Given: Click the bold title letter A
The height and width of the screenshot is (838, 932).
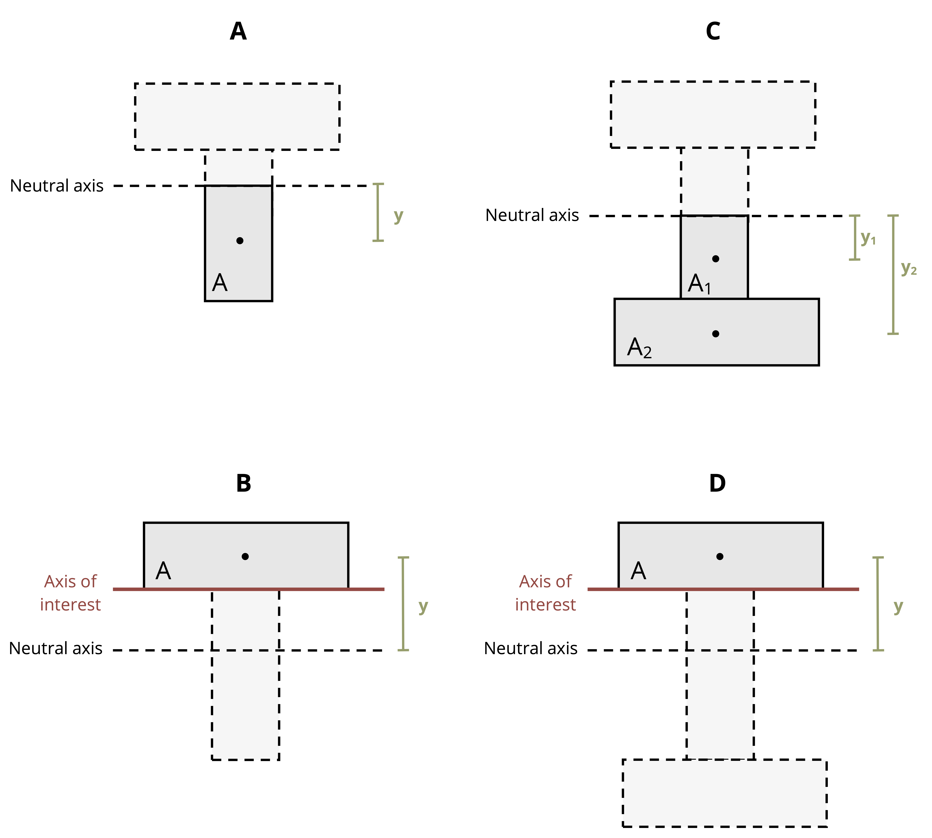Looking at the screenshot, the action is click(238, 31).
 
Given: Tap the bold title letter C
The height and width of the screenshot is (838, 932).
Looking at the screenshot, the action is click(713, 31).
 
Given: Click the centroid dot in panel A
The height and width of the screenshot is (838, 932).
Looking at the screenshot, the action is click(239, 240).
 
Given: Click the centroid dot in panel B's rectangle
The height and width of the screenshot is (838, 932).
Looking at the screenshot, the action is click(245, 556).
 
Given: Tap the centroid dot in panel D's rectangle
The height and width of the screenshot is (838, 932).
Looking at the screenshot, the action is click(720, 556).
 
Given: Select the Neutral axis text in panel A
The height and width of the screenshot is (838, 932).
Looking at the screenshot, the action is click(57, 186).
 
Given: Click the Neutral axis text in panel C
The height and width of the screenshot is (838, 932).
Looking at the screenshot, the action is click(532, 215).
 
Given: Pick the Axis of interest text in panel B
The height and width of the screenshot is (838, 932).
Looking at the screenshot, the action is click(71, 593).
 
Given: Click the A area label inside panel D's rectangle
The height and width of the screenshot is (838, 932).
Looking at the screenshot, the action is click(638, 571).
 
